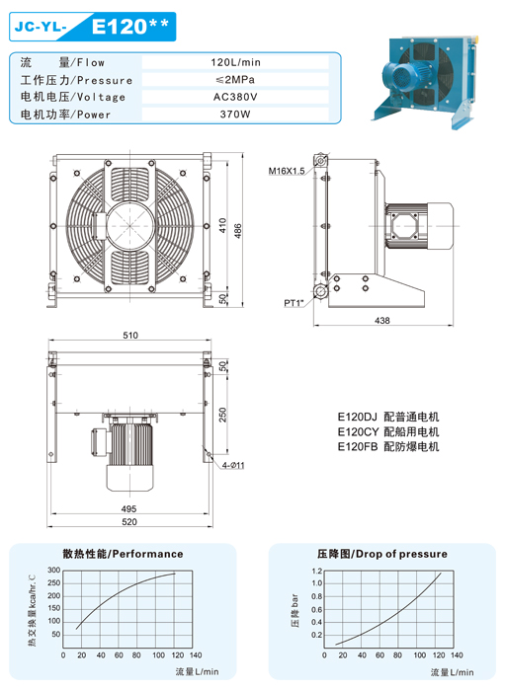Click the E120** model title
pyautogui.click(x=130, y=26)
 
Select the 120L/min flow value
pyautogui.click(x=235, y=62)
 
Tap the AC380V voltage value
pyautogui.click(x=235, y=97)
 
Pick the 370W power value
pyautogui.click(x=235, y=115)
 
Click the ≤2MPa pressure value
pyautogui.click(x=235, y=79)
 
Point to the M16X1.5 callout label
pyautogui.click(x=287, y=171)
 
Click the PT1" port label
pyautogui.click(x=295, y=303)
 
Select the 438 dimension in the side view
pyautogui.click(x=381, y=321)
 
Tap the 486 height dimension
pyautogui.click(x=238, y=231)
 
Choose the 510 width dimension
pyautogui.click(x=130, y=336)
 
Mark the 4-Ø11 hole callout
pyautogui.click(x=233, y=465)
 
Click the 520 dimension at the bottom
pyautogui.click(x=129, y=522)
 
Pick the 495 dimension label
pyautogui.click(x=128, y=509)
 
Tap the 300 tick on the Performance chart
pyautogui.click(x=53, y=571)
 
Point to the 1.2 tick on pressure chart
pyautogui.click(x=316, y=572)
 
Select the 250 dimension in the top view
pyautogui.click(x=222, y=415)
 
